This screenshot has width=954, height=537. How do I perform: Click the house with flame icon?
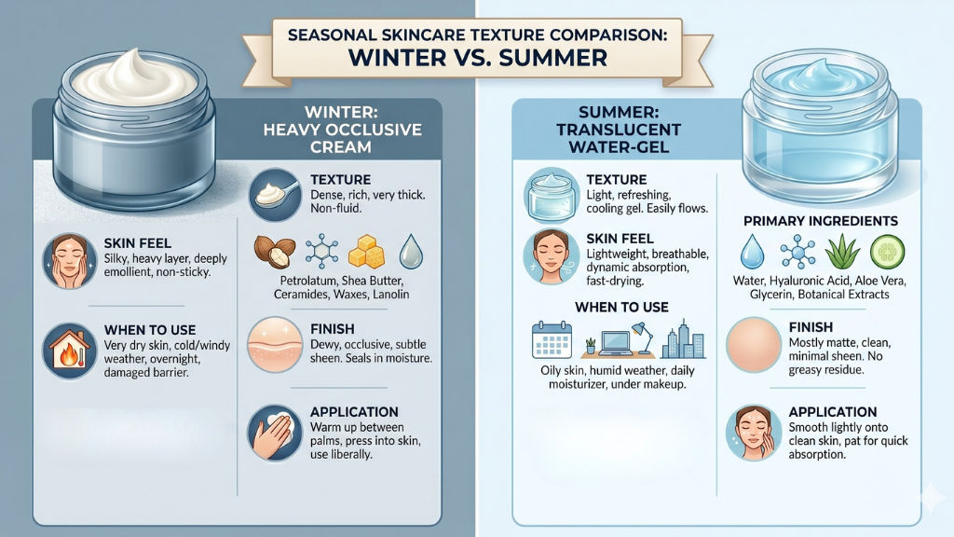click(71, 351)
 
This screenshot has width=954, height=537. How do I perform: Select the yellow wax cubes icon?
click(364, 252)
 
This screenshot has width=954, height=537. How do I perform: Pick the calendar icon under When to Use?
click(551, 340)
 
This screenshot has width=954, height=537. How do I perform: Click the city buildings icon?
click(683, 339)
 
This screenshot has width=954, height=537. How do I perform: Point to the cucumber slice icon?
click(888, 252)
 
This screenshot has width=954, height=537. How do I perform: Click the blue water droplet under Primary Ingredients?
click(751, 252)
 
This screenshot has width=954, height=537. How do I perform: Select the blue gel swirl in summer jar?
click(820, 75)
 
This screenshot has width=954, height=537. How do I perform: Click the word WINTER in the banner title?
click(396, 58)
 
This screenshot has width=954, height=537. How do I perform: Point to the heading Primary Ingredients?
click(820, 221)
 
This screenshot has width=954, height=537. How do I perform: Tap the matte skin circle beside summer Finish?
click(753, 343)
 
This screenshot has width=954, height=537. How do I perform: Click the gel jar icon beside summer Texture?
click(552, 193)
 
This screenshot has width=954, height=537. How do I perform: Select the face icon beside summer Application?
click(753, 432)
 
